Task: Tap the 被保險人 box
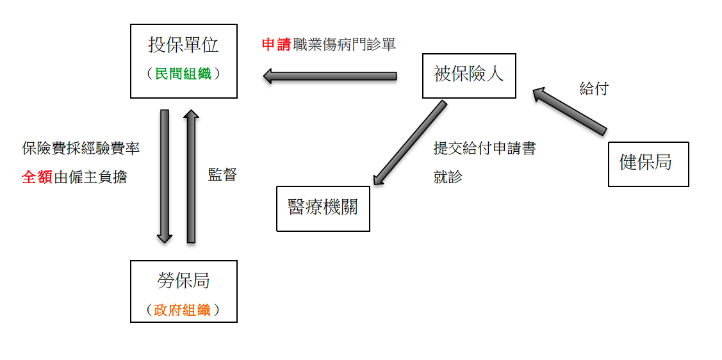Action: coord(469,74)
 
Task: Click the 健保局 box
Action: coord(648,163)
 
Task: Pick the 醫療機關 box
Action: coord(323,208)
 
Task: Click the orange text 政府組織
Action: coord(183,310)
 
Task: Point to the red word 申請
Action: coord(275,45)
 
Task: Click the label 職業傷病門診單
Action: coord(343,45)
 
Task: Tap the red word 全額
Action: coord(37,177)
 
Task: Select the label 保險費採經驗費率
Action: coord(81,149)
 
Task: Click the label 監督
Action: coord(222,174)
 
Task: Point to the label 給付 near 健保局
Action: coord(593,89)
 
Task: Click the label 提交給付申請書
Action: coord(484,149)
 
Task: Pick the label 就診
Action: coord(448,177)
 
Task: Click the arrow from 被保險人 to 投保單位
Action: coord(330,76)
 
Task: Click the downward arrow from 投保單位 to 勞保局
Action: coord(165,176)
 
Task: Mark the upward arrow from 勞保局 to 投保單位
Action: coord(191,176)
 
